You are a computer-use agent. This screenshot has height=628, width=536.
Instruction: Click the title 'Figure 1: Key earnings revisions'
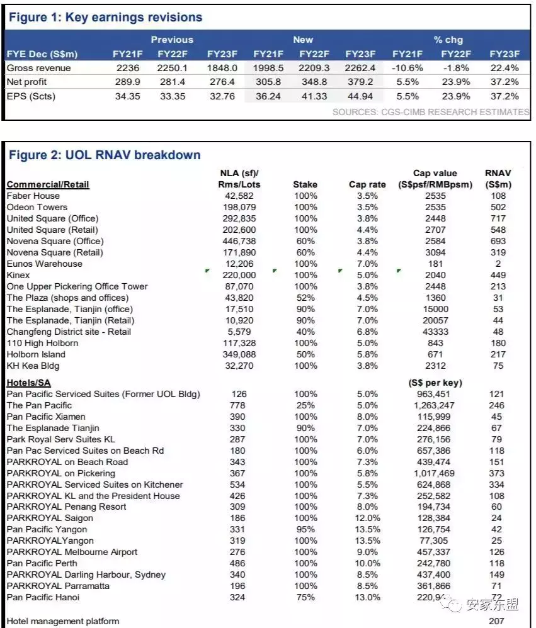pos(105,17)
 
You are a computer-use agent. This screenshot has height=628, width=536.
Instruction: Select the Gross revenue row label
pos(38,68)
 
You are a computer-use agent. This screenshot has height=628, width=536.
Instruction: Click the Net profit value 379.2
pos(360,82)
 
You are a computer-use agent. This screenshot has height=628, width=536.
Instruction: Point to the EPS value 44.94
pos(360,96)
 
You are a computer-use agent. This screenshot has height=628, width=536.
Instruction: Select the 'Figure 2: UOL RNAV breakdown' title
pos(104,155)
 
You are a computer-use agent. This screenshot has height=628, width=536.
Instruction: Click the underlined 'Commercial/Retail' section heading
pos(48,184)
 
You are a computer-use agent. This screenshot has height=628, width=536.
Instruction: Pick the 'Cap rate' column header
pos(367,184)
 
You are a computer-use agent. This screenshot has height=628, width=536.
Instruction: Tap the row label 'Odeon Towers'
pos(37,207)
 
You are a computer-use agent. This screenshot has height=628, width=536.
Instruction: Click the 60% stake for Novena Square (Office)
pos(305,241)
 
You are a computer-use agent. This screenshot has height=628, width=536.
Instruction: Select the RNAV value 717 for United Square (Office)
pos(498,218)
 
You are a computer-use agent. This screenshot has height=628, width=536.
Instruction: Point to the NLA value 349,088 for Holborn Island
pos(239,354)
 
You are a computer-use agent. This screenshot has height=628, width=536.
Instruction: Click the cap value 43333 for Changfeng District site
pos(435,332)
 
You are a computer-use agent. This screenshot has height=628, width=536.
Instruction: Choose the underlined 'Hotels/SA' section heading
pos(29,383)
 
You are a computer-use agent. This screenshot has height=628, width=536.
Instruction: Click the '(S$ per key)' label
pos(435,383)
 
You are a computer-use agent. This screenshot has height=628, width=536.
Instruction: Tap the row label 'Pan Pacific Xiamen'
pos(46,417)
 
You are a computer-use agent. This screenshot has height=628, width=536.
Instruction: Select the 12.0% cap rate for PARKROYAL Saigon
pos(367,518)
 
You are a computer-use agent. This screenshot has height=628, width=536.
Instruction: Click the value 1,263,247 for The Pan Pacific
pos(435,405)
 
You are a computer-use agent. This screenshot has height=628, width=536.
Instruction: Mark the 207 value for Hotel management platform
pos(498,621)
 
